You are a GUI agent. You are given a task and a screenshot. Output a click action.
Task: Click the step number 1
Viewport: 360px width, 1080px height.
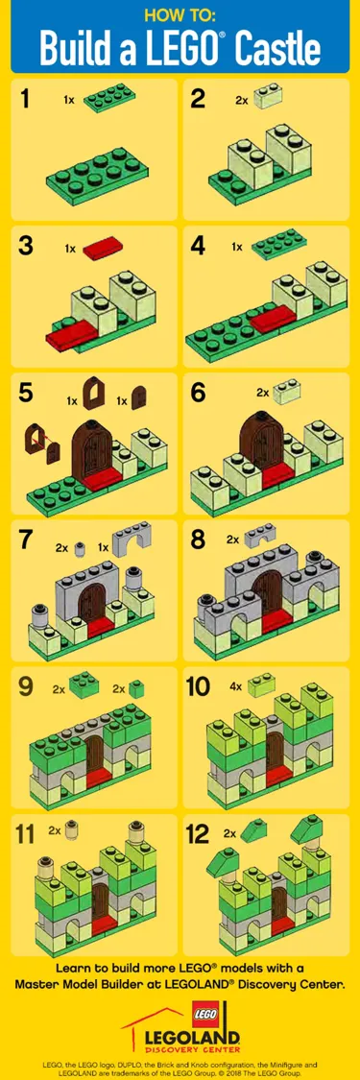coord(27,98)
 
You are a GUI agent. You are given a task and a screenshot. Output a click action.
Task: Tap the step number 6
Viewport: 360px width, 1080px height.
coord(199,392)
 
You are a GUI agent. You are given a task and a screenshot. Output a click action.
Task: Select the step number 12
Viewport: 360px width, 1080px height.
coord(199,833)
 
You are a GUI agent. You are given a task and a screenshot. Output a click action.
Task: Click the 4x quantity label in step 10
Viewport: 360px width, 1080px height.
coord(235,686)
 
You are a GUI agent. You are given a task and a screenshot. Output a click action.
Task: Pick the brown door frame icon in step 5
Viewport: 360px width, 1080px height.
coord(96,394)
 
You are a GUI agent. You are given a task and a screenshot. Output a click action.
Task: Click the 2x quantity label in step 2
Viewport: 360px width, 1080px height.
coord(241,99)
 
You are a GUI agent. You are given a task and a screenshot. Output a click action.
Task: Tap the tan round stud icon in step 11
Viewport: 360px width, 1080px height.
coord(71,829)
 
